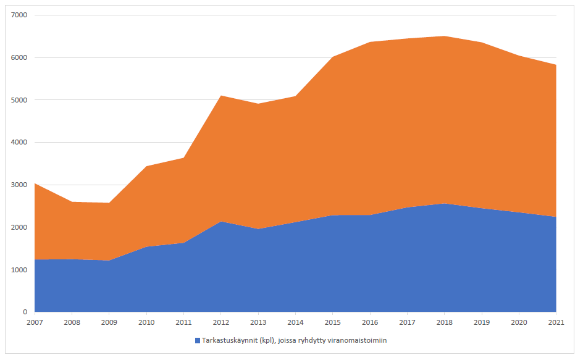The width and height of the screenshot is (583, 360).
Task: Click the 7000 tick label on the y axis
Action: click(x=20, y=15)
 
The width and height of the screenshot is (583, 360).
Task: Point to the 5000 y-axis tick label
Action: click(x=20, y=100)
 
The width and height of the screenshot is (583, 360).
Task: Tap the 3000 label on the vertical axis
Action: click(x=20, y=185)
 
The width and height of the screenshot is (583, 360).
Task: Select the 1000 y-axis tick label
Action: click(x=20, y=270)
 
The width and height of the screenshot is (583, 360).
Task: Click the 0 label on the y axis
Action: click(x=25, y=312)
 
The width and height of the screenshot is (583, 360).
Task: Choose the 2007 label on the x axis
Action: click(x=35, y=322)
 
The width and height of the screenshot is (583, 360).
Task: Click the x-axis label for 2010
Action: click(x=146, y=322)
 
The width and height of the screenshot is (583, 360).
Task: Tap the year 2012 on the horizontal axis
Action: click(x=221, y=322)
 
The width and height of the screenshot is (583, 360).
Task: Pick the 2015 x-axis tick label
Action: click(x=333, y=322)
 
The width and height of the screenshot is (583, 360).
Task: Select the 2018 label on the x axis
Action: click(x=445, y=322)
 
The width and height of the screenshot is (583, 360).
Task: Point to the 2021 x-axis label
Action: click(x=556, y=322)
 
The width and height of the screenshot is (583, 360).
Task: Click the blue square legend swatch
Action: click(x=198, y=340)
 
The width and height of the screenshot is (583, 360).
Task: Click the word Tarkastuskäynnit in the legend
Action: click(x=228, y=340)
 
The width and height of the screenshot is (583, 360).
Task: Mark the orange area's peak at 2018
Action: click(x=445, y=36)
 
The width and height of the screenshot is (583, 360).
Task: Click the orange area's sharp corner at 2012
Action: click(x=221, y=96)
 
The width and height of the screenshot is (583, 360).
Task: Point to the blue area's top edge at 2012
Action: click(x=221, y=221)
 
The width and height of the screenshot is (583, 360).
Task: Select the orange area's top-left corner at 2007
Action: click(x=35, y=183)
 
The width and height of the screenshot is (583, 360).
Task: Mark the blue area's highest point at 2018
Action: click(x=445, y=203)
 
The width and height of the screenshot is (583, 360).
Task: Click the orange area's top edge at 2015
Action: click(x=333, y=57)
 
